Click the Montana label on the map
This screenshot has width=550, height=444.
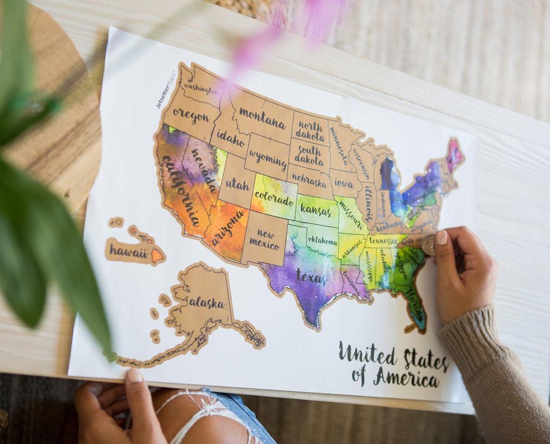point(262,118)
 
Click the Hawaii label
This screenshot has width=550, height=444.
point(128,250)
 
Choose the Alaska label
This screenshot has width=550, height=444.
point(206,303)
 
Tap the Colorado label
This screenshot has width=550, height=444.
point(274,200)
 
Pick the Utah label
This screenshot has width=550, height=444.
point(237,184)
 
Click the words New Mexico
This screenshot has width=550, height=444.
point(265,240)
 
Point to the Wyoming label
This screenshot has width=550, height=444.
point(267,159)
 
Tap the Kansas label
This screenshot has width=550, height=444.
point(316,210)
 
